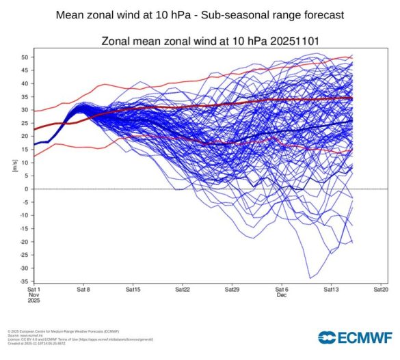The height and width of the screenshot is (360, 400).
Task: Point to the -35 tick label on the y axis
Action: pos(24,281)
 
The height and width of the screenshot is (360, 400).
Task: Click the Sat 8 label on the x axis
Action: pos(83,290)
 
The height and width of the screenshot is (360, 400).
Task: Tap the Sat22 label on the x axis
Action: pos(182,290)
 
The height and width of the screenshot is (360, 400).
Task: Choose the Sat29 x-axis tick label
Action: pos(232,290)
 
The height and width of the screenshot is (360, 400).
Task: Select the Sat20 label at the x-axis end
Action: pos(380,290)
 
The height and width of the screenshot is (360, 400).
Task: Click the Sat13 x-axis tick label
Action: pos(331,290)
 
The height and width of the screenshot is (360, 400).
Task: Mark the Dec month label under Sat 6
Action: pos(281,296)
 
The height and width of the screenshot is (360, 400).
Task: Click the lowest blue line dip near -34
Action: pos(310,277)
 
